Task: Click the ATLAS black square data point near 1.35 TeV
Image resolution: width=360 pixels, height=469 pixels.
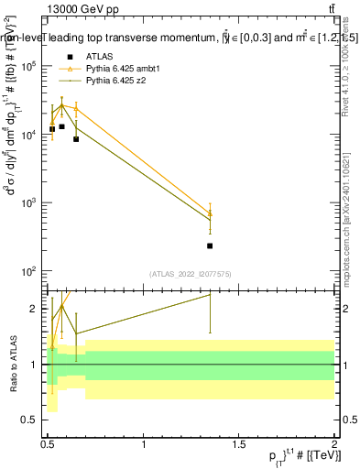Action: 210,245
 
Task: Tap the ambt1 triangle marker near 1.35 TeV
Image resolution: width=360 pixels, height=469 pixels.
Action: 210,213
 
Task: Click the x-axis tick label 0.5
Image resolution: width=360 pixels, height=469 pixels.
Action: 47,444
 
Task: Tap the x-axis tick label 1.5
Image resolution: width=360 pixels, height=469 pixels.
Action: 238,444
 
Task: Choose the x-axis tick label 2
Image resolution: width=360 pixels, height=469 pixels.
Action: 333,444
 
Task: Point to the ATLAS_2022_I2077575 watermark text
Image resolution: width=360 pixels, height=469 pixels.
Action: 190,273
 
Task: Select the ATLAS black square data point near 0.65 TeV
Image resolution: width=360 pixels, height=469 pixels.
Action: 76,138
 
